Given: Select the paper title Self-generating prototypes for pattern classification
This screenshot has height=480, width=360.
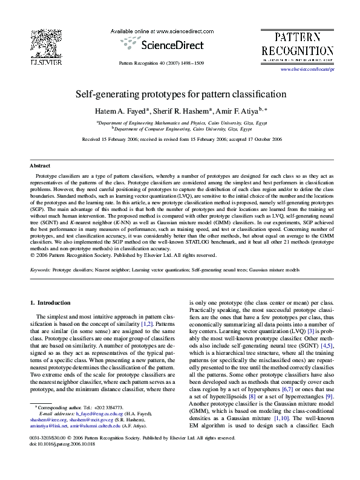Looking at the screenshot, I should (x=180, y=95).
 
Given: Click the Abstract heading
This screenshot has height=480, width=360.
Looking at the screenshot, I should (x=41, y=165).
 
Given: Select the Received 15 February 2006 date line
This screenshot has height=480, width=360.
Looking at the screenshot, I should (x=180, y=139).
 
